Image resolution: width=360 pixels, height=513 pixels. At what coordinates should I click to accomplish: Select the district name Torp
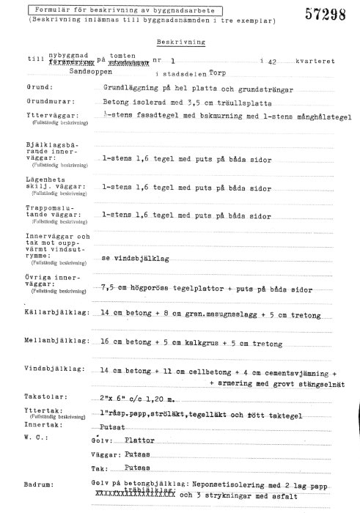pos(218,73)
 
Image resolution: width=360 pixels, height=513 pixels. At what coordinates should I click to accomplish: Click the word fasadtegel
pos(152,116)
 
